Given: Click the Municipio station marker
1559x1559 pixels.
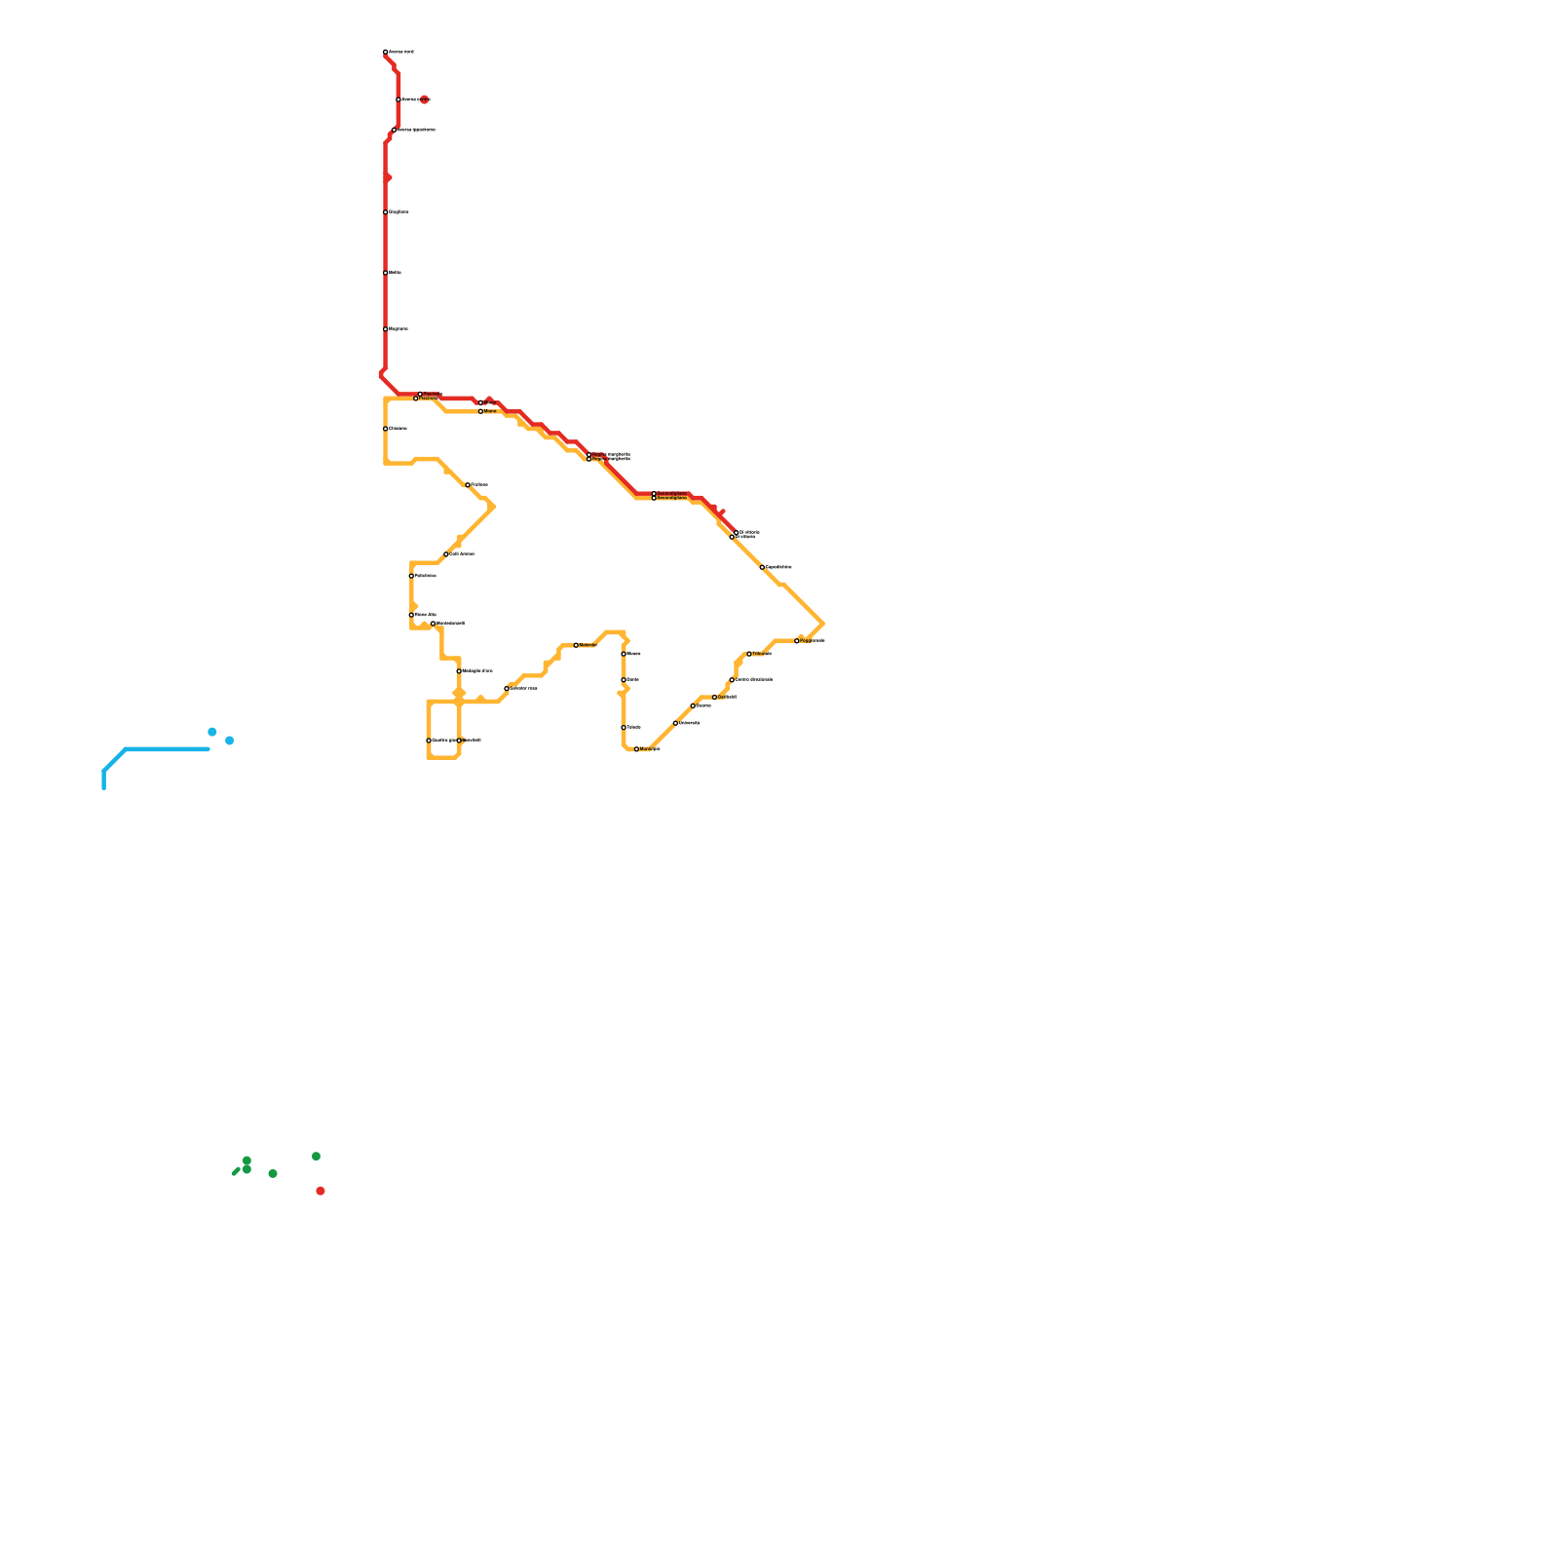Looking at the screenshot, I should pyautogui.click(x=637, y=749).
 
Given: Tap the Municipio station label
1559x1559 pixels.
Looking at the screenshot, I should pyautogui.click(x=650, y=748).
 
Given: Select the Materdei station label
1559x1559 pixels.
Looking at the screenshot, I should pyautogui.click(x=588, y=645).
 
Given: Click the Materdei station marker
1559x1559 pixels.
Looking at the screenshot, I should pyautogui.click(x=576, y=645).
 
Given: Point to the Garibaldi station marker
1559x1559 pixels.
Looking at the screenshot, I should pyautogui.click(x=714, y=698).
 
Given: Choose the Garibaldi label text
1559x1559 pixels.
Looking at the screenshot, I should pyautogui.click(x=727, y=697).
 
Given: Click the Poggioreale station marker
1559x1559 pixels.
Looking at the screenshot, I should pyautogui.click(x=797, y=641).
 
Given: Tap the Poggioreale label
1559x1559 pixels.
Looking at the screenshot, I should pyautogui.click(x=813, y=640).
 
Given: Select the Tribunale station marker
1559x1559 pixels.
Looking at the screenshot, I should pyautogui.click(x=749, y=654).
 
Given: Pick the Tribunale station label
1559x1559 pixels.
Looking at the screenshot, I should pyautogui.click(x=762, y=654).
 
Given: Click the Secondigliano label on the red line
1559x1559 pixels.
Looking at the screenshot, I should pyautogui.click(x=672, y=494).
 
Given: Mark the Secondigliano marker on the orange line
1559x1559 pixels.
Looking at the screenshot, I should pyautogui.click(x=654, y=498).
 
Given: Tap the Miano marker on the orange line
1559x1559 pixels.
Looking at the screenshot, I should pyautogui.click(x=480, y=411).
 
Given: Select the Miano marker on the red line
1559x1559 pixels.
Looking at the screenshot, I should pyautogui.click(x=480, y=401).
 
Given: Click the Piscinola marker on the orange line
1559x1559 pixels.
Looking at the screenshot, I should pyautogui.click(x=416, y=399).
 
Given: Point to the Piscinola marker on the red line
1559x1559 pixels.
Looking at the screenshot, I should pyautogui.click(x=420, y=394).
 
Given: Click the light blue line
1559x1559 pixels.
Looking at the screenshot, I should pyautogui.click(x=166, y=749).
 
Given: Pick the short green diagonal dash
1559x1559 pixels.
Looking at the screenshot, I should pyautogui.click(x=235, y=1172).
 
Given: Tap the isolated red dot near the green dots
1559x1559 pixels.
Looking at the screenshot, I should pyautogui.click(x=321, y=1191).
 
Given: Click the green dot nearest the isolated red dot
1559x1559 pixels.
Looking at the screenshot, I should pyautogui.click(x=316, y=1157).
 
